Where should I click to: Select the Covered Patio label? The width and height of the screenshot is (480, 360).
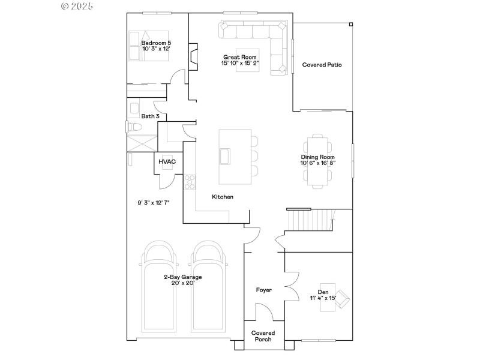coord(322,65)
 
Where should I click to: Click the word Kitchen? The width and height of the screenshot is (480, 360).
coord(223,197)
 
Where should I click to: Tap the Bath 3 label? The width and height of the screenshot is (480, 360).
coord(150,116)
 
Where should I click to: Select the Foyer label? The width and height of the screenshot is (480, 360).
coord(264,290)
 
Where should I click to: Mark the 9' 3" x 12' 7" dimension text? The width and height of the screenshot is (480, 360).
coord(154,203)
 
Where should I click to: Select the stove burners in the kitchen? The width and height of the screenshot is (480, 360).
coord(189,181)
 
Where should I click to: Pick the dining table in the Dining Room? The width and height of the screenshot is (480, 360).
coord(318,161)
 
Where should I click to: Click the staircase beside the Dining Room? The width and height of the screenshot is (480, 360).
coord(311,220)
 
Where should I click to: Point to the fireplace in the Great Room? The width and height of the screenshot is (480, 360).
coord(193,55)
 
